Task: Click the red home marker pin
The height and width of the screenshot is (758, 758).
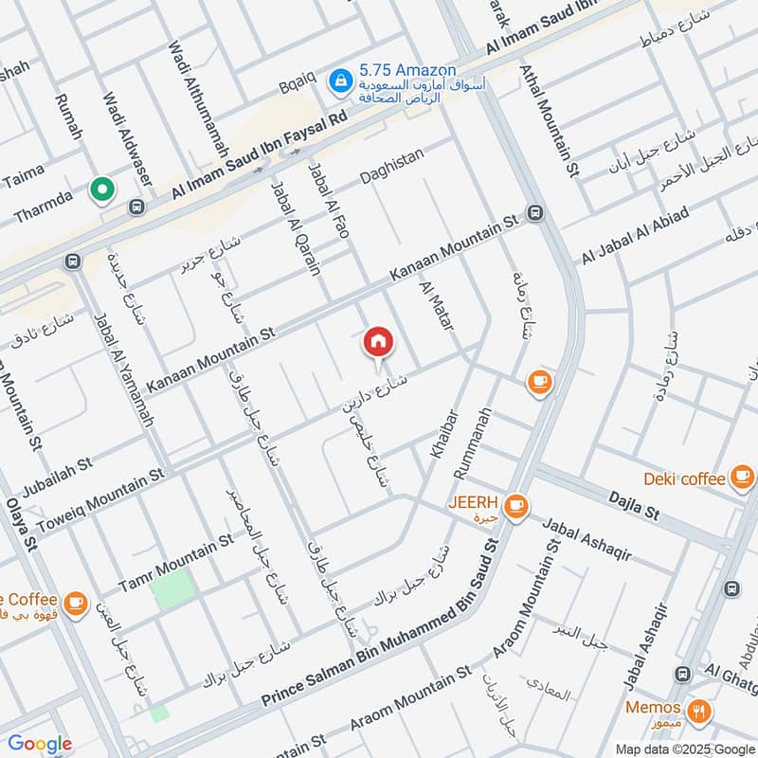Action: (x=377, y=342)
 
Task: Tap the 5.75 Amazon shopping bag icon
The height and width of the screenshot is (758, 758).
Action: (x=336, y=83)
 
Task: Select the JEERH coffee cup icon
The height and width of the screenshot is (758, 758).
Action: (x=515, y=507)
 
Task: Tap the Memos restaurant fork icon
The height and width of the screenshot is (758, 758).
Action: (x=699, y=710)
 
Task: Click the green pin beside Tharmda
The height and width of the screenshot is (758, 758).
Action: (x=102, y=191)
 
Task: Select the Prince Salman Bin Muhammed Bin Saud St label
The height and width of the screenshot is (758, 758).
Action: (x=379, y=632)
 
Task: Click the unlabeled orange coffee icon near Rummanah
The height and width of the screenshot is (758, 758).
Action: (x=539, y=382)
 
